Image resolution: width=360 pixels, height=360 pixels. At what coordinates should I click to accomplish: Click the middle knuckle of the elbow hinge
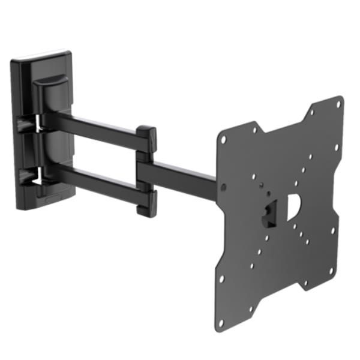point(144,168)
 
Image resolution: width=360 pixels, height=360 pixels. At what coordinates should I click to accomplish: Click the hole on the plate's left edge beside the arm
point(223,187)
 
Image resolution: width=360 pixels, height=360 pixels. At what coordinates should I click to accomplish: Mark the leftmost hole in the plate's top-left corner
point(222,137)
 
